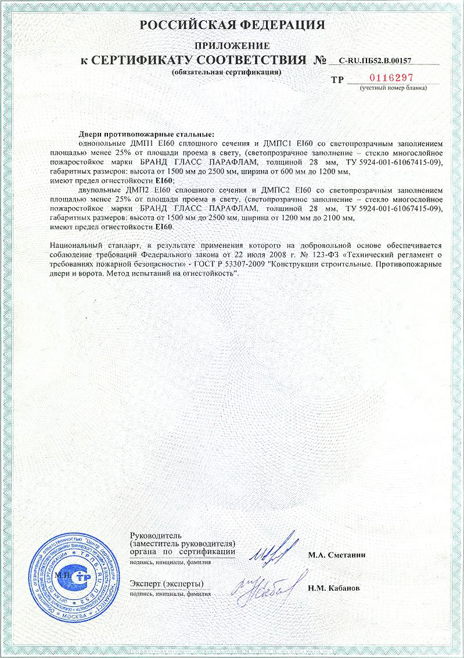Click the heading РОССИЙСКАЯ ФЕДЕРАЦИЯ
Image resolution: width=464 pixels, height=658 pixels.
[x=232, y=25]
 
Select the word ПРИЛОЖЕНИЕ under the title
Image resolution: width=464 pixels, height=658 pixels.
[x=232, y=45]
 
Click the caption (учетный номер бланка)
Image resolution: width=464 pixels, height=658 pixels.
[x=393, y=88]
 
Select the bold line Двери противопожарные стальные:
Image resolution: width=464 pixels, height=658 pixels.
[x=146, y=135]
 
